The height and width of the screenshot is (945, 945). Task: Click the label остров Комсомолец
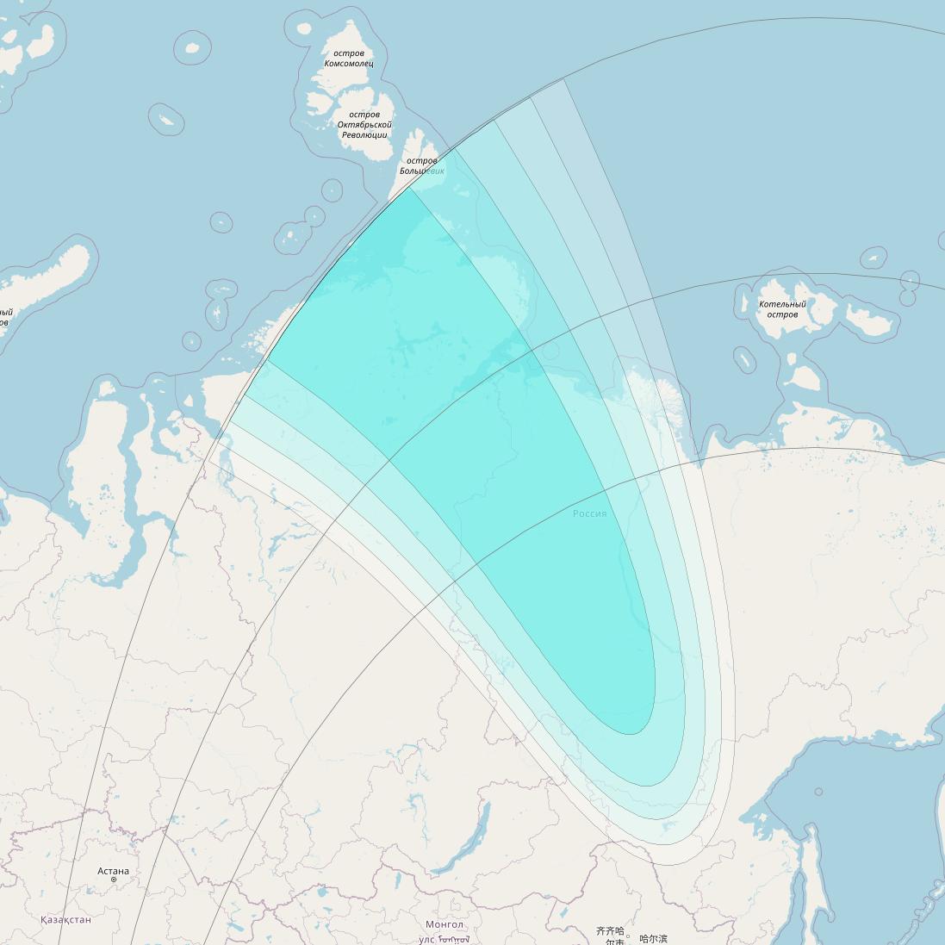(349, 59)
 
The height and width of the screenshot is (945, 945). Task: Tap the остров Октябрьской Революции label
(364, 125)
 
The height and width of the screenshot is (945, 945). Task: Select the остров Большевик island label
(421, 165)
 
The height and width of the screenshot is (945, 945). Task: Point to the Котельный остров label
(782, 309)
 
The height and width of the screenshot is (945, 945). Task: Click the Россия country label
(590, 513)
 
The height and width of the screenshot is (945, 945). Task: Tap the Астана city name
(113, 871)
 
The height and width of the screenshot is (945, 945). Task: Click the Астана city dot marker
(113, 880)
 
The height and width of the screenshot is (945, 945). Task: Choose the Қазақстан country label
(65, 920)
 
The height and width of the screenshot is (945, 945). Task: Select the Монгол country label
(445, 924)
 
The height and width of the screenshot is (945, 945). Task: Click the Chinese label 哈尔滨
(653, 939)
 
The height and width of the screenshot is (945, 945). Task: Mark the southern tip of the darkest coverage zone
(631, 734)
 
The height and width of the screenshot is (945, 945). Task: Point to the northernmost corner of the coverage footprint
(563, 79)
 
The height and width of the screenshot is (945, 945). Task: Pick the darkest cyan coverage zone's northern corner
(410, 188)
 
